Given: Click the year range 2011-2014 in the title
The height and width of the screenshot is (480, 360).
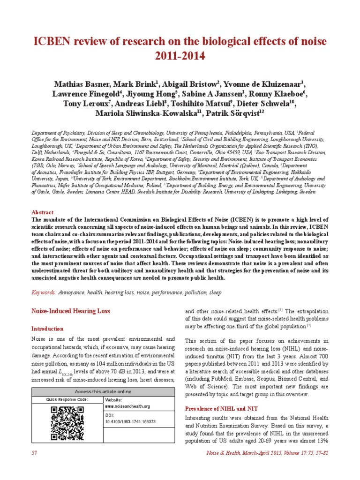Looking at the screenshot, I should pyautogui.click(x=180, y=57).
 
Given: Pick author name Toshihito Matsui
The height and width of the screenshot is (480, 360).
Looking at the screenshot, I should pyautogui.click(x=204, y=104).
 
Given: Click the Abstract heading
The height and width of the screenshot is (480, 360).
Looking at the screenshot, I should pyautogui.click(x=42, y=212).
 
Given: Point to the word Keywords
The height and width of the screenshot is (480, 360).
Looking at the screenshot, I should pyautogui.click(x=43, y=292).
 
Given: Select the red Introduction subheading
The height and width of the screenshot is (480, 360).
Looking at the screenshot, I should pyautogui.click(x=47, y=329).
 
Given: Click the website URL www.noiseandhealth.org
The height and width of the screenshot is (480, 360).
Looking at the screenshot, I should pyautogui.click(x=127, y=406).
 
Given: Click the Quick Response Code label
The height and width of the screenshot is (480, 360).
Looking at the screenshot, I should pyautogui.click(x=67, y=400).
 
